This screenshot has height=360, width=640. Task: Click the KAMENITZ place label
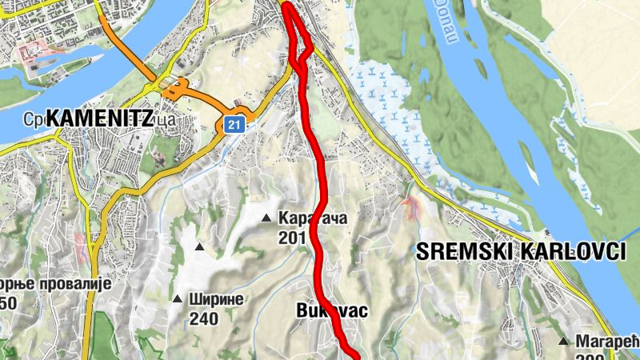(100, 118)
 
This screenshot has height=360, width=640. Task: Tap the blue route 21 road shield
(233, 125)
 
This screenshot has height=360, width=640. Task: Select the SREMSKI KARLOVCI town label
(521, 251)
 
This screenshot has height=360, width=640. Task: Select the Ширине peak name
(216, 299)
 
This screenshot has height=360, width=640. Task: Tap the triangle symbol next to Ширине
(177, 299)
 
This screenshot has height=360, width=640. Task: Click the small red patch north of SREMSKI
(412, 209)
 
